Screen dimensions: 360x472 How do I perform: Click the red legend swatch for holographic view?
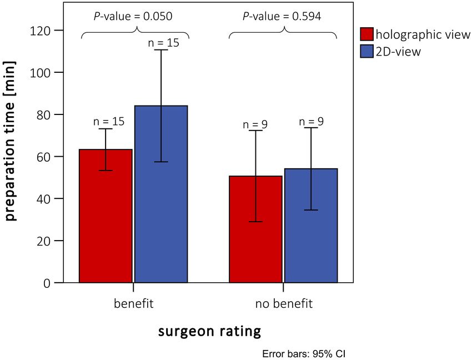366,34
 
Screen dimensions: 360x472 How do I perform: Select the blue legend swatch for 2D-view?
366,51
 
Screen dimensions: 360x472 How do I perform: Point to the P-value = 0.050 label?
132,16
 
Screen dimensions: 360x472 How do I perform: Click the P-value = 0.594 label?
282,16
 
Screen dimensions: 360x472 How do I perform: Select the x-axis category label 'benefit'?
133,304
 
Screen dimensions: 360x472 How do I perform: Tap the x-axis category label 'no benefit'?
284,304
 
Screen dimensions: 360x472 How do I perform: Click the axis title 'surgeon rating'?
209,332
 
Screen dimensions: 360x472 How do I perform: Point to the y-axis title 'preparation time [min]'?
11,142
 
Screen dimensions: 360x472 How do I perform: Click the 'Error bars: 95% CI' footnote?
304,353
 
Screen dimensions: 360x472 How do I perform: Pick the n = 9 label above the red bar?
255,124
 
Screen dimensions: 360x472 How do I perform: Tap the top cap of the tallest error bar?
161,50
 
